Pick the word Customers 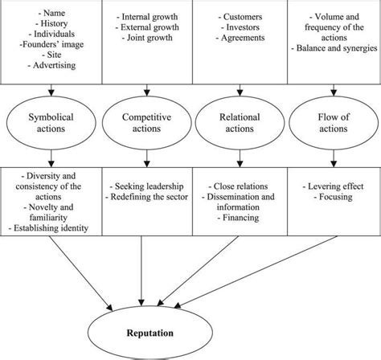pos(238,16)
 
